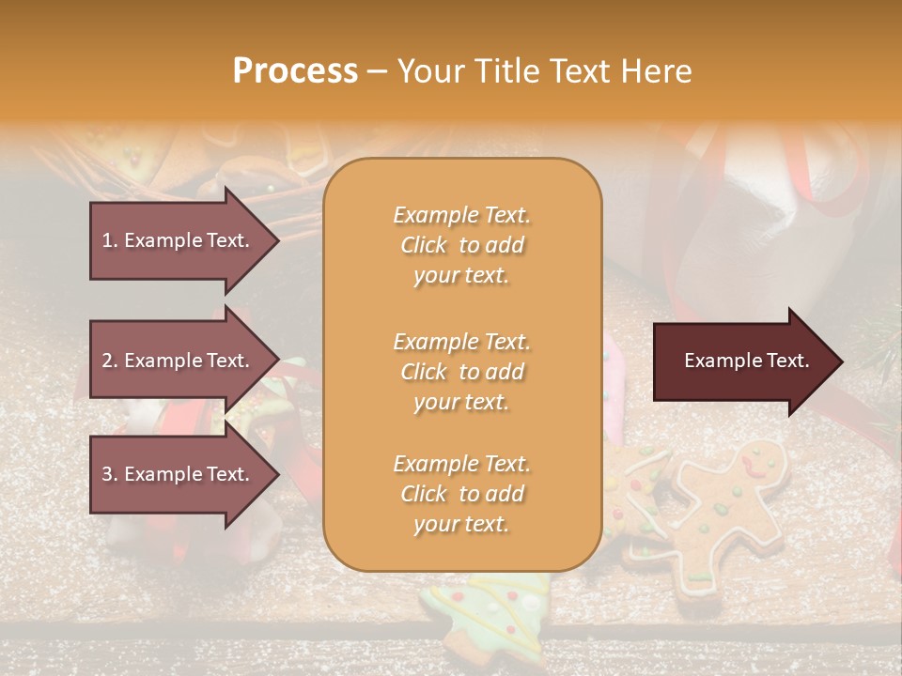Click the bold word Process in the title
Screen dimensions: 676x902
[295, 71]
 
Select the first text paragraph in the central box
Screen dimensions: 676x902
[461, 245]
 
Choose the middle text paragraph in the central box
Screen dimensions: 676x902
[461, 372]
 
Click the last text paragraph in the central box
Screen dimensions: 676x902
[461, 494]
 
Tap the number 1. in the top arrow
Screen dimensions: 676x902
[110, 240]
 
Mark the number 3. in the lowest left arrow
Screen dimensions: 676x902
[110, 474]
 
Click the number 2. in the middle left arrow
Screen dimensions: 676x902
[110, 361]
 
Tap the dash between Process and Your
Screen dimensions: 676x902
[378, 72]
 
